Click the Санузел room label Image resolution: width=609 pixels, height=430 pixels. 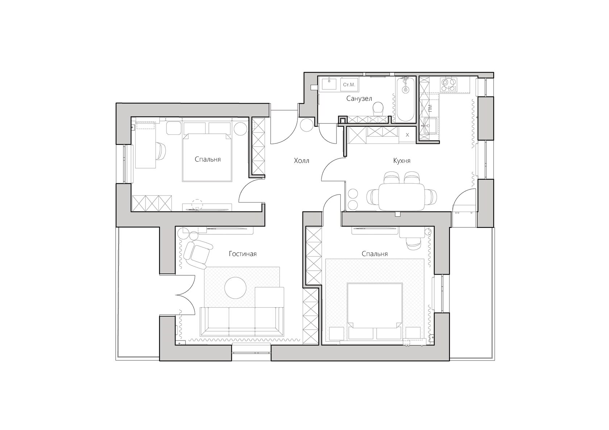pos(359,98)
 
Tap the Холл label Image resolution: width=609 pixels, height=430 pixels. pos(302,161)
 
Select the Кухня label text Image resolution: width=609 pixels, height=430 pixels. pos(402,161)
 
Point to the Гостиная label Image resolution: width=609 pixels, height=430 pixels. pos(243,254)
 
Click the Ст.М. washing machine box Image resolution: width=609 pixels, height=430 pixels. pos(349,84)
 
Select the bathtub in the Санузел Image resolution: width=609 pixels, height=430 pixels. pos(405,99)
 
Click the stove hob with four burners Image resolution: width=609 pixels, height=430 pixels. pos(449,84)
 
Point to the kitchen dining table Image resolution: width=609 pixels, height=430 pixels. pos(402,197)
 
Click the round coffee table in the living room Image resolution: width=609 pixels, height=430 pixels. pos(235,288)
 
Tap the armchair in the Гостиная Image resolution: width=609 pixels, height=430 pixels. pos(198,254)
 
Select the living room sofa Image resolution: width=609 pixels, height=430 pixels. pos(242,321)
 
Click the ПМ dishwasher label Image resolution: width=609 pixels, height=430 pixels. pos(430,108)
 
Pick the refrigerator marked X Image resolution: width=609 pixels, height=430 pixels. pos(407,135)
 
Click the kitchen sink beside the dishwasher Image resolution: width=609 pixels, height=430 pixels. pos(429,126)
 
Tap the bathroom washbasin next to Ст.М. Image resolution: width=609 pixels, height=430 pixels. pos(329,84)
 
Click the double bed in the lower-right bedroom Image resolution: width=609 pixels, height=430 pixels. pos(375,311)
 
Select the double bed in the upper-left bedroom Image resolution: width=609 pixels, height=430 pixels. pos(207,158)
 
